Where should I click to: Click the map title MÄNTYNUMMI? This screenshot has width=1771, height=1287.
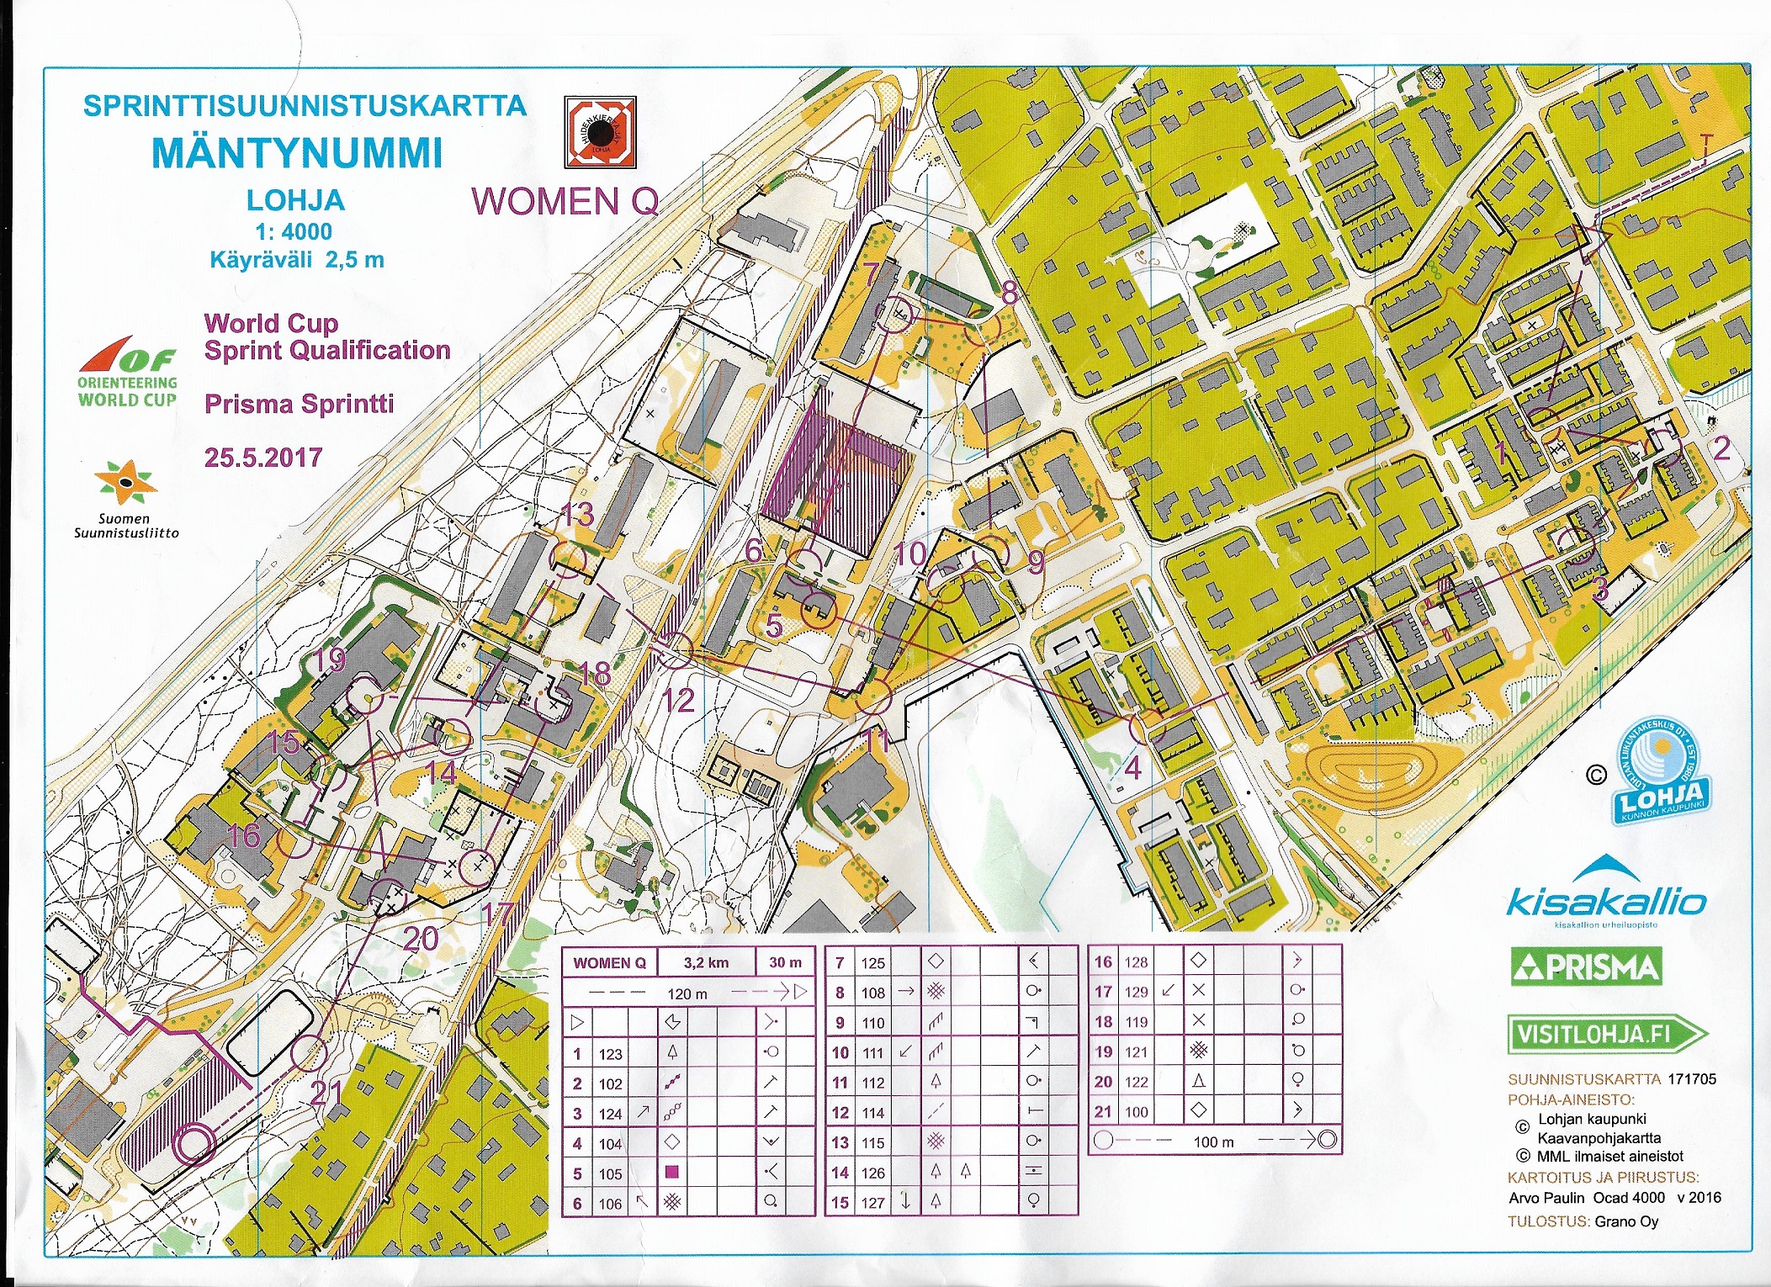297,153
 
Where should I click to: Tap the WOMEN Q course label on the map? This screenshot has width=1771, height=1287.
565,202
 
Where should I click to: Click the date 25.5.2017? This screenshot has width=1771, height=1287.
263,458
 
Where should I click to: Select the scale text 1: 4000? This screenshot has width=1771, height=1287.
294,231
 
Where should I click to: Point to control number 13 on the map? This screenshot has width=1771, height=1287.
578,514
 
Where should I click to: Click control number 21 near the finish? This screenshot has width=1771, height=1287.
326,1093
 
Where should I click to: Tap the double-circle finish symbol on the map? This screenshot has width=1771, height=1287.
194,1143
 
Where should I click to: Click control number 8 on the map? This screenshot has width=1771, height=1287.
1010,293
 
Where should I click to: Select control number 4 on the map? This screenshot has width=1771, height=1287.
1133,767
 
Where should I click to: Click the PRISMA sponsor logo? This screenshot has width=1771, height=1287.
1586,967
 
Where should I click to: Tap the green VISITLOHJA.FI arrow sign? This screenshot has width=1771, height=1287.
1605,1035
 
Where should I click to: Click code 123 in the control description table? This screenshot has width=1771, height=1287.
611,1054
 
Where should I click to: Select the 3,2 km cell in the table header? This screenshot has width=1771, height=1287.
706,962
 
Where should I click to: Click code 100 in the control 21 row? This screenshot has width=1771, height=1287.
1136,1112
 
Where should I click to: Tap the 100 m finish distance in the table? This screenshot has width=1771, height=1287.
1213,1141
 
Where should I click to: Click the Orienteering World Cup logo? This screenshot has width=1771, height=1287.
128,374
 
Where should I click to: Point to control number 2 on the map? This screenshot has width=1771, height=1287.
1722,448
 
